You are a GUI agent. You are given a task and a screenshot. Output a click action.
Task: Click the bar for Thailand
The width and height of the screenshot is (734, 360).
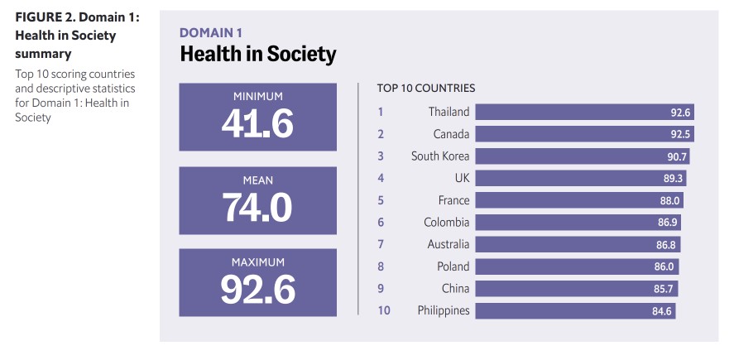coord(584,113)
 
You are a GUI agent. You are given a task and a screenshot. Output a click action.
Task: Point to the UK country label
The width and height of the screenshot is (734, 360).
coord(460,178)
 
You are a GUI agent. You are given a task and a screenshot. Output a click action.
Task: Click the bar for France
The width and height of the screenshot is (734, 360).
coord(578,200)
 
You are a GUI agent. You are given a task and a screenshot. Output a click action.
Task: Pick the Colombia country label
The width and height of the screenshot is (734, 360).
coord(446,223)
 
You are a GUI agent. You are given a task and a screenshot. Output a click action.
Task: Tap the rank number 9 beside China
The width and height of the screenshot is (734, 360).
coord(381,289)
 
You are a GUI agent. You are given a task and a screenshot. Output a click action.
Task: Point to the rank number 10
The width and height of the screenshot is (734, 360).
coord(382,311)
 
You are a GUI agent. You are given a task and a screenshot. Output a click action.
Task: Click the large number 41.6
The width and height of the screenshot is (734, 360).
coord(257,123)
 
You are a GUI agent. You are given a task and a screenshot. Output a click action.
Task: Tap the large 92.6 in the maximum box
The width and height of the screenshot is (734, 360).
coord(257,289)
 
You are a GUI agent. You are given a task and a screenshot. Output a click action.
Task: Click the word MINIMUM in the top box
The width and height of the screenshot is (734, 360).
coord(257,96)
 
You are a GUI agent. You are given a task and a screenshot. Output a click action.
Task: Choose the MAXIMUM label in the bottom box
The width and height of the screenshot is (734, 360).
coord(257,262)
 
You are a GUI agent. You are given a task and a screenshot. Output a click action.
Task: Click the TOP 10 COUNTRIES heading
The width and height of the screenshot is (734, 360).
coord(425,88)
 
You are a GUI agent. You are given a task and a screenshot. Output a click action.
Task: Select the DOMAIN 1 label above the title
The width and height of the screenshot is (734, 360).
coord(211,33)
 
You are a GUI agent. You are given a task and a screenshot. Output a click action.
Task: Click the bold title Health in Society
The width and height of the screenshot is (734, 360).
coord(258,55)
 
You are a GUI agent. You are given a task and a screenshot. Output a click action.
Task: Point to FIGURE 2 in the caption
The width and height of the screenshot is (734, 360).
coord(43,18)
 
